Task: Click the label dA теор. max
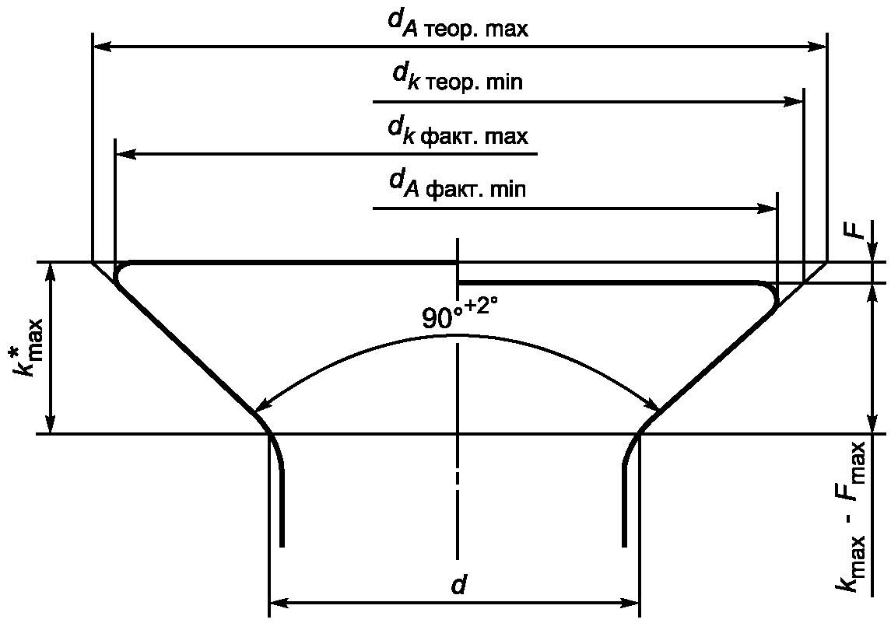pos(458,25)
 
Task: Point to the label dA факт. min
pos(458,185)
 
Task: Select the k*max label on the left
pos(29,347)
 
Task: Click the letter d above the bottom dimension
pos(458,585)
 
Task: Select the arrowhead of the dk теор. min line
pos(793,102)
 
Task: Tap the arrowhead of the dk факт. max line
pos(125,154)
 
